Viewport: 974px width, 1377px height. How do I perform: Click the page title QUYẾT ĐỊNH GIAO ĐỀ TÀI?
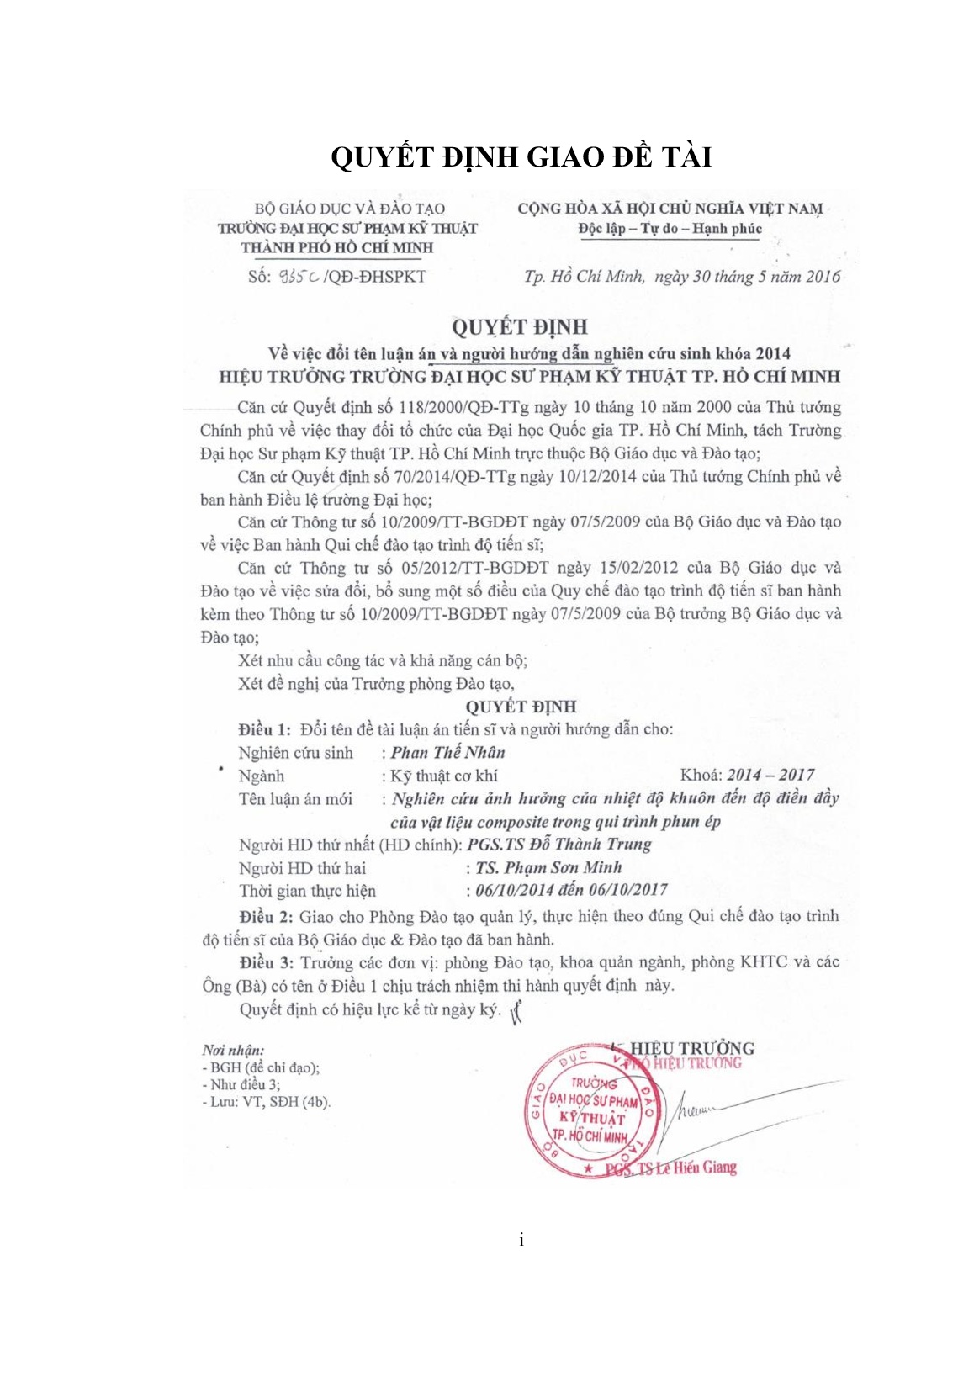(521, 157)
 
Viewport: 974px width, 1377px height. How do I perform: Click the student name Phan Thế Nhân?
(447, 753)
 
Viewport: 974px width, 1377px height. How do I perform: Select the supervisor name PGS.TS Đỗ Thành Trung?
(558, 845)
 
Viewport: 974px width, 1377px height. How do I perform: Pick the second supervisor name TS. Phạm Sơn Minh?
(548, 867)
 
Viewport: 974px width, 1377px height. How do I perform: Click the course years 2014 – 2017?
(770, 776)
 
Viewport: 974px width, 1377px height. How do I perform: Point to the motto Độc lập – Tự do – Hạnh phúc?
(670, 229)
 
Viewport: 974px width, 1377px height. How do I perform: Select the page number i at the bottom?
(521, 1240)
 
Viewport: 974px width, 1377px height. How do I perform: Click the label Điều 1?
(264, 729)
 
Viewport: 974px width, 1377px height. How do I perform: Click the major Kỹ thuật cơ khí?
(443, 776)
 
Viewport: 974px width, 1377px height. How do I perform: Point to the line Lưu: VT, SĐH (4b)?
(268, 1102)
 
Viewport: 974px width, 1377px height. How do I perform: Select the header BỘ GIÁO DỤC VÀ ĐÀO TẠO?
(349, 209)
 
